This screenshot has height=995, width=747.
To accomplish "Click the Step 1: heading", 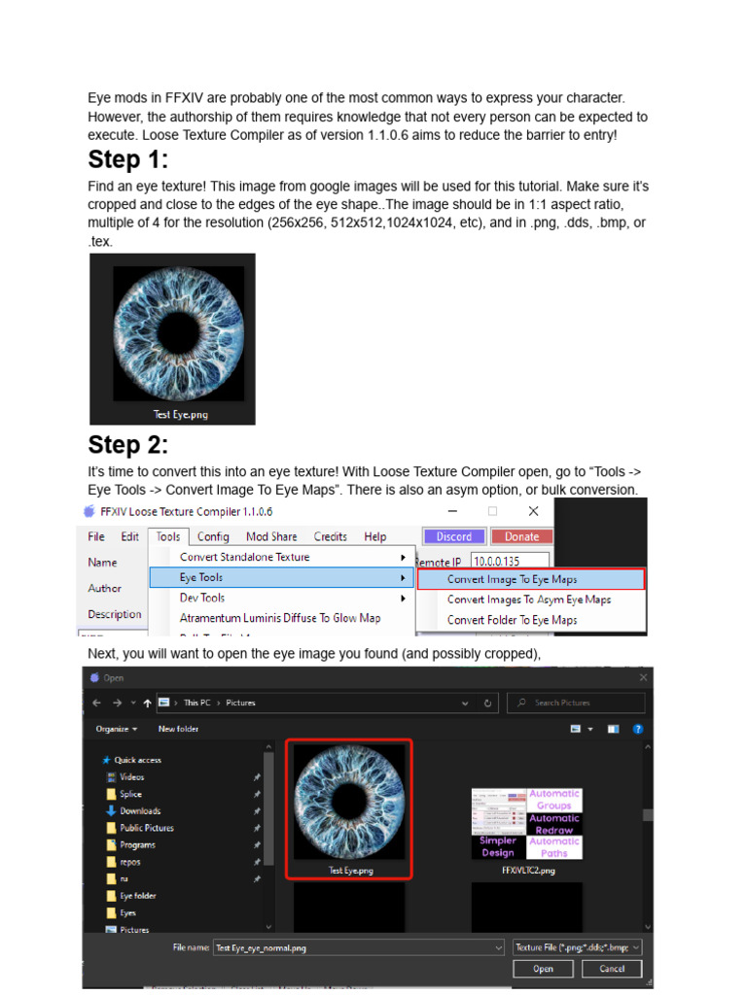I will pyautogui.click(x=128, y=160).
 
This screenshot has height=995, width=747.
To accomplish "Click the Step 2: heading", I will pyautogui.click(x=128, y=446).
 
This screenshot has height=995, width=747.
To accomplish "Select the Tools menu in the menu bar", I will pyautogui.click(x=168, y=536).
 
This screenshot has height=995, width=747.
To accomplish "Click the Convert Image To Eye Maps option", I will pyautogui.click(x=530, y=579).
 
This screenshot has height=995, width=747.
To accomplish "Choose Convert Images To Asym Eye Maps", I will pyautogui.click(x=528, y=600).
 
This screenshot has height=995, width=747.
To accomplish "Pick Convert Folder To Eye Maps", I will pyautogui.click(x=512, y=620).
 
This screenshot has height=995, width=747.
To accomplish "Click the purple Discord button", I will pyautogui.click(x=453, y=536).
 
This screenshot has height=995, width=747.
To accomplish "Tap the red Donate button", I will pyautogui.click(x=521, y=536).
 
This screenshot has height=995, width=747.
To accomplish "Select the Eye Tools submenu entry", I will pyautogui.click(x=201, y=577).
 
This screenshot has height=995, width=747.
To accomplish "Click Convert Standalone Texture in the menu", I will pyautogui.click(x=244, y=557).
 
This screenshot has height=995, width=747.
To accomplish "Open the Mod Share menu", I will pyautogui.click(x=271, y=536).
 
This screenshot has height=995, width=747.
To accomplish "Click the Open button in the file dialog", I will pyautogui.click(x=543, y=969).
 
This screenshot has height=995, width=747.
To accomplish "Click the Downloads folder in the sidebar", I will pyautogui.click(x=140, y=811).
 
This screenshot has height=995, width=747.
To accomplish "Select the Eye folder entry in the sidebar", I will pyautogui.click(x=137, y=896).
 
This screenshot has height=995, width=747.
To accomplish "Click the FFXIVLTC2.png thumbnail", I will pyautogui.click(x=526, y=827).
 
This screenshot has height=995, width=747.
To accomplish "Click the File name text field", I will pyautogui.click(x=355, y=947).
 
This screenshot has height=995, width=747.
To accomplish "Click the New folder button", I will pyautogui.click(x=179, y=729).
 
